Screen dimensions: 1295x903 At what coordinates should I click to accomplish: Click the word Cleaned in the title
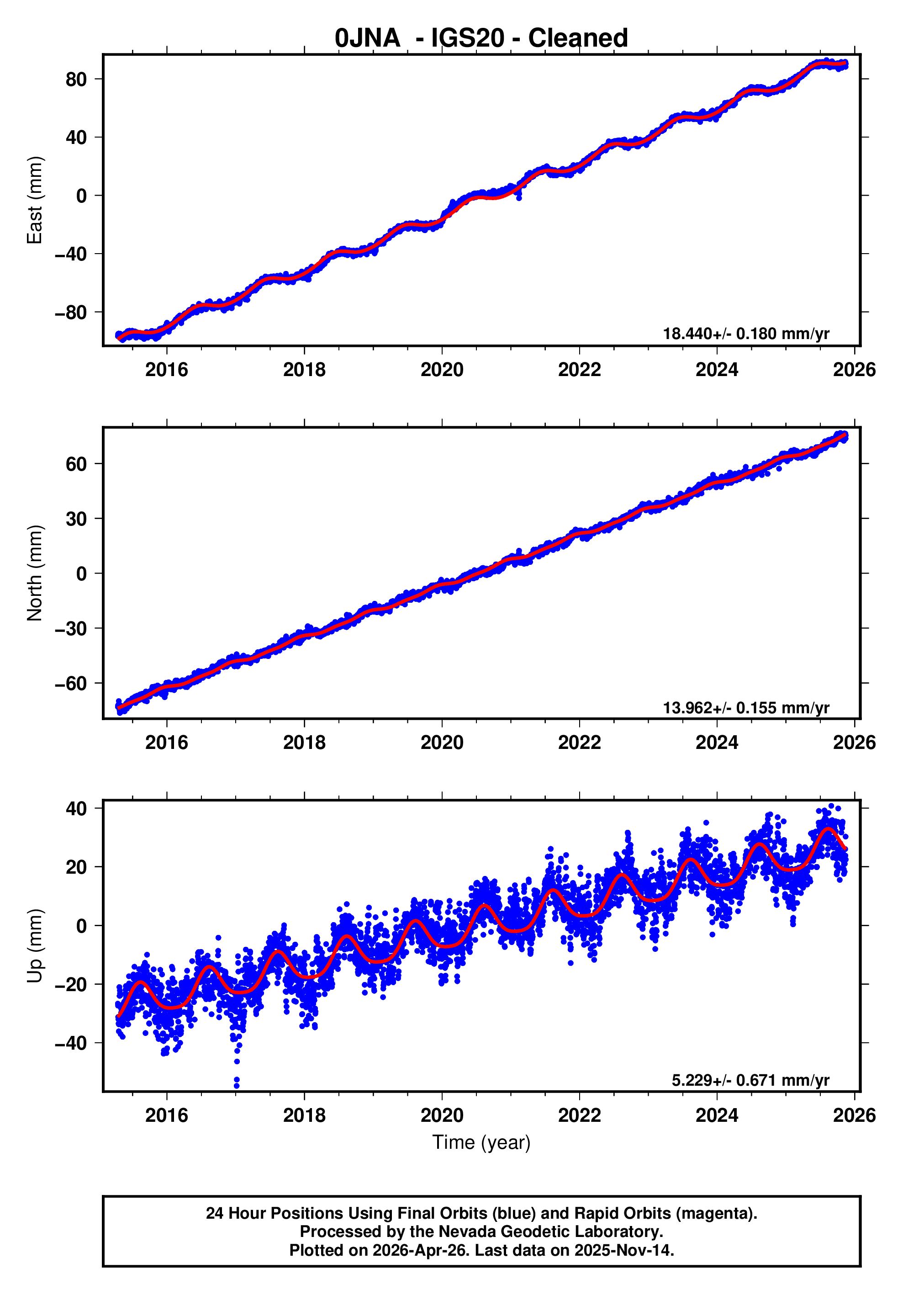(578, 38)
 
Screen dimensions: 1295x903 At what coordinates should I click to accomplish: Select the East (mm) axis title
(35, 200)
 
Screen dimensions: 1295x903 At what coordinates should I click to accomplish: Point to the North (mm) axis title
(35, 573)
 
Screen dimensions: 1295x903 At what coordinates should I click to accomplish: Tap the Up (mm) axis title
(35, 946)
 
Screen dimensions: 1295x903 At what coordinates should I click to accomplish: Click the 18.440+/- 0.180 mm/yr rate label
(746, 334)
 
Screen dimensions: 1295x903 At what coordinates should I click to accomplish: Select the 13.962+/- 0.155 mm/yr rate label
(746, 708)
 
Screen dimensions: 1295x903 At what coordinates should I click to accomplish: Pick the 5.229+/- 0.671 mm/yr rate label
(750, 1080)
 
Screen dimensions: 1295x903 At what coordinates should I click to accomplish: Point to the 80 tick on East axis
(76, 80)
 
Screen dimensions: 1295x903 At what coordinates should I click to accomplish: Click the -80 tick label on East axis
(71, 313)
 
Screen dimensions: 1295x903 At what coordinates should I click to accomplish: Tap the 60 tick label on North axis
(76, 464)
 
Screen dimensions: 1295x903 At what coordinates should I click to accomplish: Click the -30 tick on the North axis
(71, 628)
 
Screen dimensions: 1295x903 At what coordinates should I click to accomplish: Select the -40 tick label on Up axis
(71, 1043)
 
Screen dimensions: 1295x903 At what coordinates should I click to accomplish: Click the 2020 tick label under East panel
(442, 370)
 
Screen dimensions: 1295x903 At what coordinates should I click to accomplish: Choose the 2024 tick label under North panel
(717, 743)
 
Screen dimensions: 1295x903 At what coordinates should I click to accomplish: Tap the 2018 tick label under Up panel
(304, 1115)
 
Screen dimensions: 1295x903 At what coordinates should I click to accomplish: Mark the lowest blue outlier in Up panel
(237, 1085)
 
